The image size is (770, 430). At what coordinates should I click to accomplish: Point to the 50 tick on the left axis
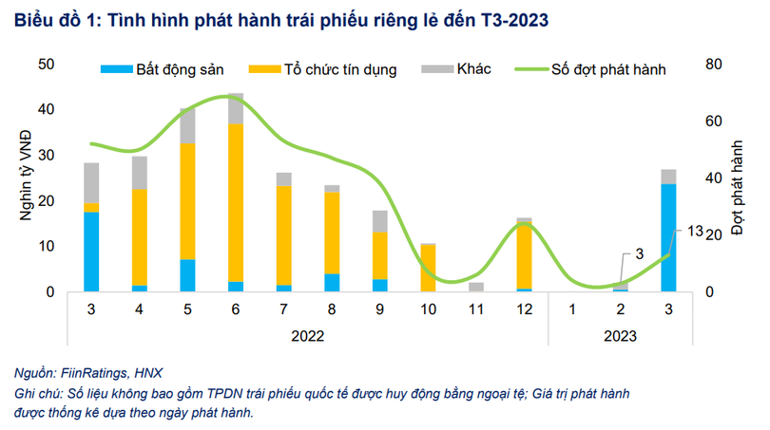pyautogui.click(x=46, y=65)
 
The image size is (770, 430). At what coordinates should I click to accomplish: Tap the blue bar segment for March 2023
pyautogui.click(x=668, y=237)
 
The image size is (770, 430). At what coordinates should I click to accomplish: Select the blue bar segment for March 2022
pyautogui.click(x=91, y=252)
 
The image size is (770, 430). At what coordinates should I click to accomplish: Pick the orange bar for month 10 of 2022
pyautogui.click(x=428, y=268)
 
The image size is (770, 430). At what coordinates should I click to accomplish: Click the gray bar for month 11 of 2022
pyautogui.click(x=476, y=287)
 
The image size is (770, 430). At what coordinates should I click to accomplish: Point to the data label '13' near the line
pyautogui.click(x=695, y=231)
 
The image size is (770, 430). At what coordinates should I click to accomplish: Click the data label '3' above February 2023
pyautogui.click(x=641, y=252)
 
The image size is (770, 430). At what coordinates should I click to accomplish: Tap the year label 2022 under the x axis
pyautogui.click(x=307, y=336)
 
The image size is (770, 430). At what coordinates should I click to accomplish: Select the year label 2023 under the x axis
pyautogui.click(x=620, y=336)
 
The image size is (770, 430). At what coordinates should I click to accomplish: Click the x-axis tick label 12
pyautogui.click(x=524, y=310)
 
